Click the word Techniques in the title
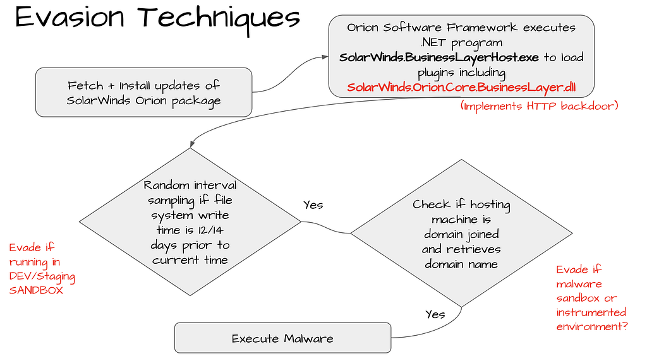[214, 18]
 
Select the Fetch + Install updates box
[144, 93]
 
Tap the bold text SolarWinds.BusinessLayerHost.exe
[439, 57]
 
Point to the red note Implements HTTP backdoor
[539, 106]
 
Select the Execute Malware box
[282, 338]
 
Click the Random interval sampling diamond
[190, 222]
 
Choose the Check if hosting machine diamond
[461, 234]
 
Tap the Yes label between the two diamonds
[313, 205]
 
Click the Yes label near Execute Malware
[435, 314]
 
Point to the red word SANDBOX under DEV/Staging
[36, 290]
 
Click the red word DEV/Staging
[42, 276]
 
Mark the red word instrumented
[591, 312]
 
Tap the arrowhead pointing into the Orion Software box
[325, 57]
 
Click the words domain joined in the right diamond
[461, 234]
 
